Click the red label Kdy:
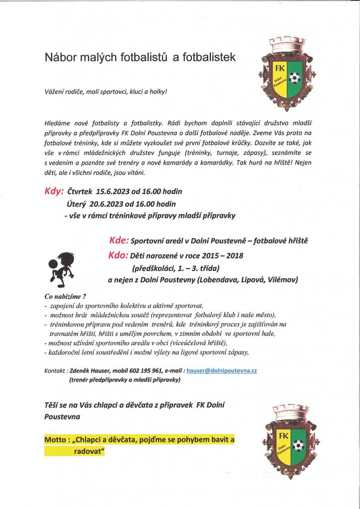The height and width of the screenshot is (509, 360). coord(54,191)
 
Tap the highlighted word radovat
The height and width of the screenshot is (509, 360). coord(87,451)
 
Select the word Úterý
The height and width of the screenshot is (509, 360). coord(77,204)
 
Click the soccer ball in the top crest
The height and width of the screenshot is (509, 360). coord(294,78)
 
